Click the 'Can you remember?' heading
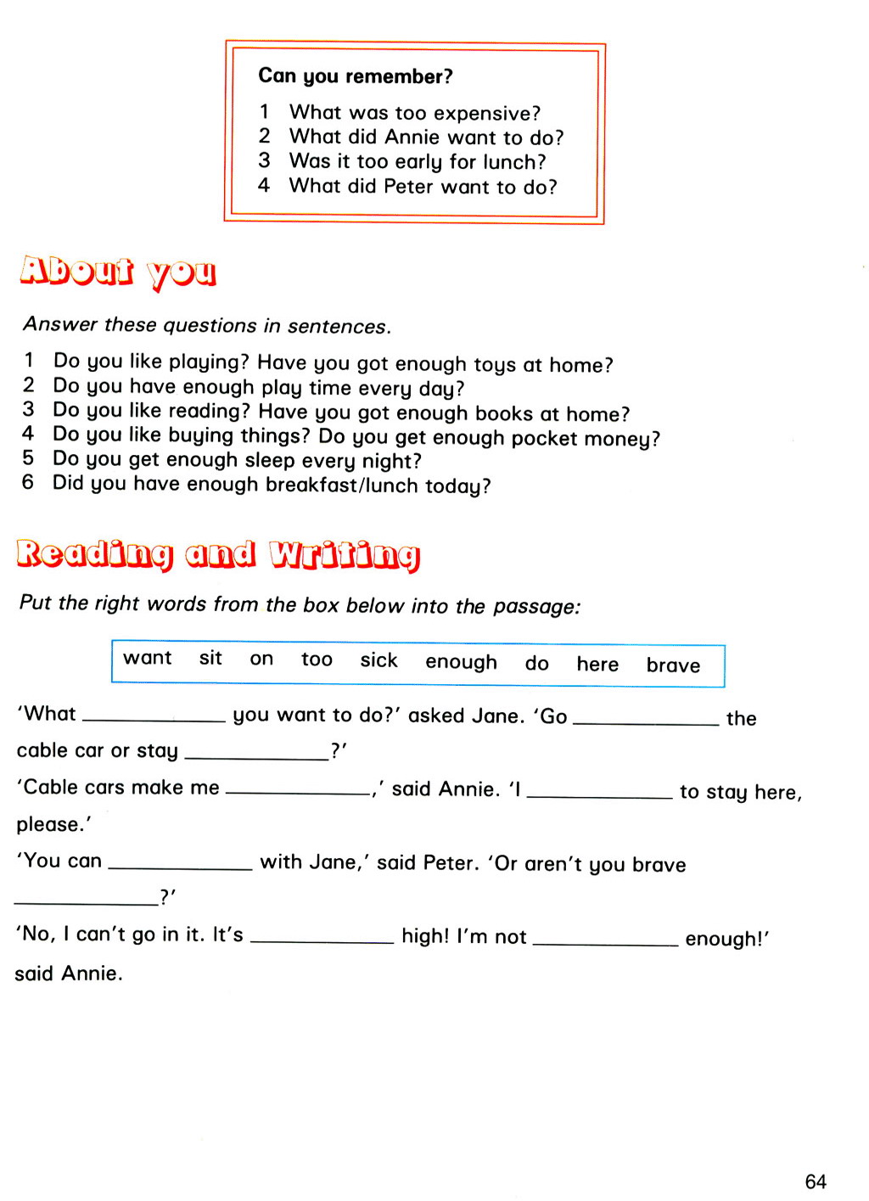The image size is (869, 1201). pos(356,76)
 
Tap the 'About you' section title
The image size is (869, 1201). pos(118,272)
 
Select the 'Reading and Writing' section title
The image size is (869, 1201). pos(218,554)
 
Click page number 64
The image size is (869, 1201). pos(816,1181)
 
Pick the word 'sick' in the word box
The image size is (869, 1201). pos(378,660)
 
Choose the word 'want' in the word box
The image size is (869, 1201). pos(148,659)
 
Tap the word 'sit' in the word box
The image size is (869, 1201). pos(210,659)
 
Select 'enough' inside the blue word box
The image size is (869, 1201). pos(461,662)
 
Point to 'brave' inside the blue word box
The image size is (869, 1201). pos(673,665)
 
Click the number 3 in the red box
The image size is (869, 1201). pos(265,160)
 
